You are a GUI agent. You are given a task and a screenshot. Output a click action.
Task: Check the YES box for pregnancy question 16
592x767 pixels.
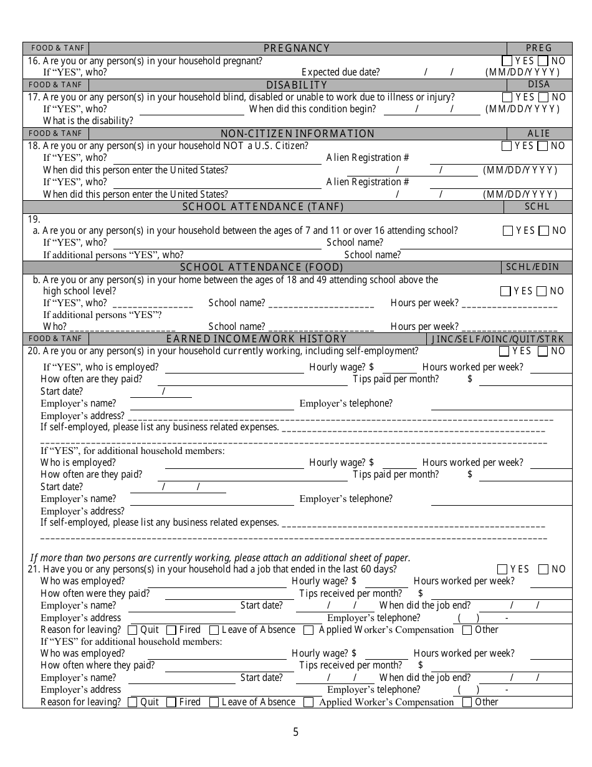[507, 61]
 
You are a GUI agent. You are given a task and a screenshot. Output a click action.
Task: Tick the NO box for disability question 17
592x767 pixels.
[543, 97]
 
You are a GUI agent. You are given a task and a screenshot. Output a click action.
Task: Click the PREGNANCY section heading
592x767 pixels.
[297, 49]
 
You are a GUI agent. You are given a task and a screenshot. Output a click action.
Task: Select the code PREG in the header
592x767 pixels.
[538, 49]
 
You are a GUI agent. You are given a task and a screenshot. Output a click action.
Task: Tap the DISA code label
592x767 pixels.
[538, 85]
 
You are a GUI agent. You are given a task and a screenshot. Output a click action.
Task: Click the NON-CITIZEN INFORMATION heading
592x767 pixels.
[297, 133]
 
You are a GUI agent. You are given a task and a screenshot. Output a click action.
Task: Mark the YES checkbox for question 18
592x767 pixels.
[507, 146]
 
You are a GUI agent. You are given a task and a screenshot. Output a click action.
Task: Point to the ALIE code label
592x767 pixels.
[538, 133]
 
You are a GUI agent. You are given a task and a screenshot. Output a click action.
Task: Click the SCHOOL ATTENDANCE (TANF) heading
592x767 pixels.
[262, 207]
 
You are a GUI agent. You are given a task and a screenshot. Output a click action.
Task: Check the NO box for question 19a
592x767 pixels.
[543, 231]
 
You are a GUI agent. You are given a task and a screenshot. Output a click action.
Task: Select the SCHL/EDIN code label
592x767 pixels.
[532, 267]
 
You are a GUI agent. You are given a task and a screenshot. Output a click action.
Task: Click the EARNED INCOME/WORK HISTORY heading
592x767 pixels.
[256, 339]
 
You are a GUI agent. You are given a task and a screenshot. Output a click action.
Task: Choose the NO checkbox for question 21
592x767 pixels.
[543, 569]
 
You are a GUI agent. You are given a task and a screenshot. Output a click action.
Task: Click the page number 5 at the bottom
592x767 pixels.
[296, 732]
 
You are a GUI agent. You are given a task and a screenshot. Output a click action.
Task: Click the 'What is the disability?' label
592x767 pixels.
[88, 121]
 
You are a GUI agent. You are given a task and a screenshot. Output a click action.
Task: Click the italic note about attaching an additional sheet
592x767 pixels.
[221, 558]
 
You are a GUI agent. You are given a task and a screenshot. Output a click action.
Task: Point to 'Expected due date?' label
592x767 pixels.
[340, 72]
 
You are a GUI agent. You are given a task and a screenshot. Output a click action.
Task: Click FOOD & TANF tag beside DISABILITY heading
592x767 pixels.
[55, 85]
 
